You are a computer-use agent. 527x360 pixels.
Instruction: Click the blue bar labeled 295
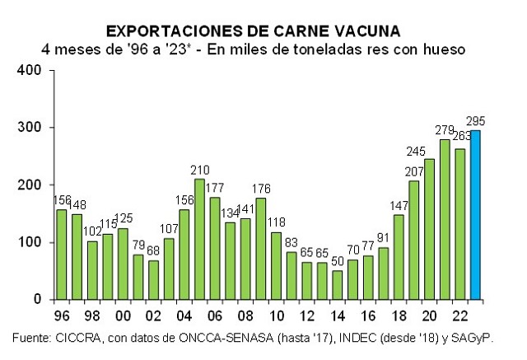475,214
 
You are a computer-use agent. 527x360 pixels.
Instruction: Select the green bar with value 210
198,239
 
